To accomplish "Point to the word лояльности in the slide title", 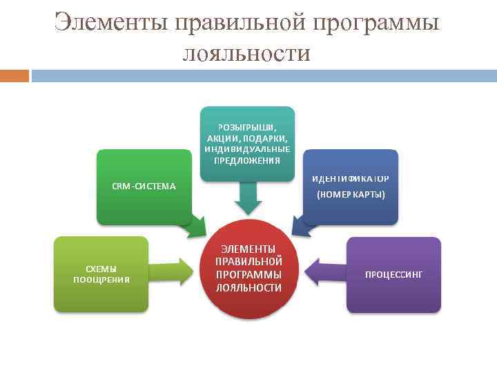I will (x=246, y=52).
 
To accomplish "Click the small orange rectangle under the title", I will (x=14, y=75).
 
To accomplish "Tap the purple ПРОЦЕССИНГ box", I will (x=393, y=274).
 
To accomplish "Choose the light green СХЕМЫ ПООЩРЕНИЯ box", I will (x=101, y=274).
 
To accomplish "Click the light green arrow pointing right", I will (x=173, y=271).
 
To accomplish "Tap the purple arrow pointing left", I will (x=324, y=271).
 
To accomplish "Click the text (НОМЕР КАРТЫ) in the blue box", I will (x=351, y=195).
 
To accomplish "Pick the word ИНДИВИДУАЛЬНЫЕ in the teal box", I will (x=247, y=149).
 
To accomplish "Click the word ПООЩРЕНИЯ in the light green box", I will (x=101, y=280).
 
